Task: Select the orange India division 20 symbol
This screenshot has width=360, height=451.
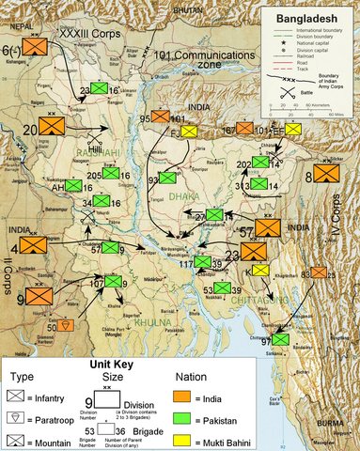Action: [53, 126]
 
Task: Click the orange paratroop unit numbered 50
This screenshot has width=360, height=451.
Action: [66, 324]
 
